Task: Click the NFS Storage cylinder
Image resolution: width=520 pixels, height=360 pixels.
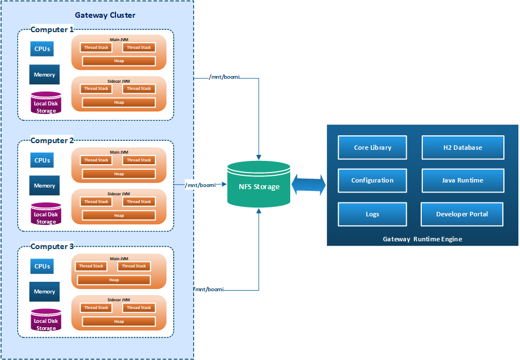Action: [259, 185]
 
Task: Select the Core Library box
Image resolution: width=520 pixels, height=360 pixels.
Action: [372, 148]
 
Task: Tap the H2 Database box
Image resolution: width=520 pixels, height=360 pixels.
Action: [462, 148]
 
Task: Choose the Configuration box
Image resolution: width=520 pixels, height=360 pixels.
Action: [372, 180]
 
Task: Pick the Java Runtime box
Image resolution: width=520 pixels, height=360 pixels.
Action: [462, 180]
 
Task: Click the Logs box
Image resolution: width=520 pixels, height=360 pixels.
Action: [372, 214]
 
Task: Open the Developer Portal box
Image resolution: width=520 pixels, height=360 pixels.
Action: [462, 214]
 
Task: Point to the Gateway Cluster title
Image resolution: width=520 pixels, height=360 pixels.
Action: [105, 15]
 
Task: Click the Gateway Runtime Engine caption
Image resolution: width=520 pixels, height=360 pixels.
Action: [422, 239]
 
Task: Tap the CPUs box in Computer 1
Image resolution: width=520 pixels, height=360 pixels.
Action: [42, 49]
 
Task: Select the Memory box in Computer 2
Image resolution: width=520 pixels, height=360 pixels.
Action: [44, 186]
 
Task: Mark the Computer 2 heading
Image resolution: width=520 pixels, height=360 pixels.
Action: [52, 140]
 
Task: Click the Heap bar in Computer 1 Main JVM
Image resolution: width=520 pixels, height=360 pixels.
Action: [119, 61]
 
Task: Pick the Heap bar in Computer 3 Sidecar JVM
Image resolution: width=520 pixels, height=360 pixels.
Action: [119, 321]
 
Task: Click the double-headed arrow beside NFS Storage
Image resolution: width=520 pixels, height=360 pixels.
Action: [309, 184]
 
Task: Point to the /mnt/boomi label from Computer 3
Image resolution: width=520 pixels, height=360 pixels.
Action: [209, 290]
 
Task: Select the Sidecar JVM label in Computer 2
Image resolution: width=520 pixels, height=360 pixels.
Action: [119, 194]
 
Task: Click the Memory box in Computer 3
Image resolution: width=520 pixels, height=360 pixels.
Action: [44, 292]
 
